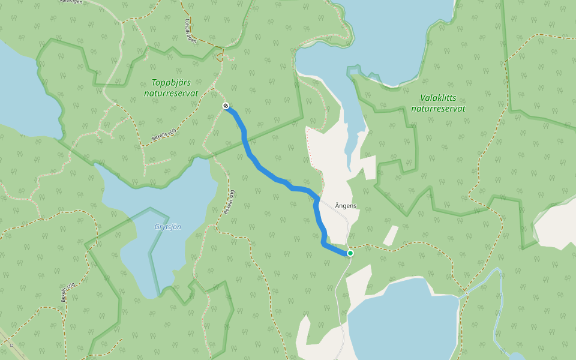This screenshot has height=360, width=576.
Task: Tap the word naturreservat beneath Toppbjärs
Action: tap(171, 93)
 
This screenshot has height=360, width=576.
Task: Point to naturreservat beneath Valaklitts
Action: tap(438, 109)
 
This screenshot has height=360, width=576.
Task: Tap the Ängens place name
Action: tap(345, 206)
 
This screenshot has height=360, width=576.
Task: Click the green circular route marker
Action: tap(350, 254)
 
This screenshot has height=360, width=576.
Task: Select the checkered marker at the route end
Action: tap(226, 106)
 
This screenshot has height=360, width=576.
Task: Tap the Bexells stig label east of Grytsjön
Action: tap(228, 203)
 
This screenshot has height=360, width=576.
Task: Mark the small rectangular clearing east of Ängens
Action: tap(391, 235)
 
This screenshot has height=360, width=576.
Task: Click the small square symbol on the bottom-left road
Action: tap(12, 346)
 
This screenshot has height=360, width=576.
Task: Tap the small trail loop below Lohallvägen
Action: tap(220, 55)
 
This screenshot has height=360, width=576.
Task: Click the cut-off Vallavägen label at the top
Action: tap(71, 2)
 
